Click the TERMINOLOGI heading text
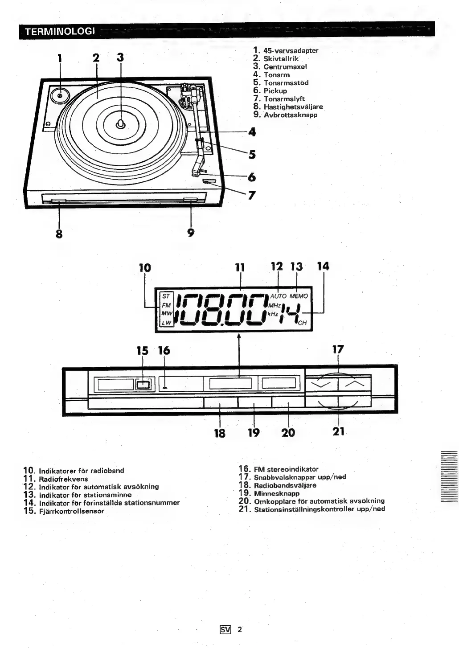click(60, 32)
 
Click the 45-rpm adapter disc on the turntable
click(60, 95)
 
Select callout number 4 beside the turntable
click(252, 132)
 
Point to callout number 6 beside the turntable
click(252, 177)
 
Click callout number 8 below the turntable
click(59, 234)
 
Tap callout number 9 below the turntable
click(191, 233)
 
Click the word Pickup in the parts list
click(275, 91)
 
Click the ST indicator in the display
click(166, 296)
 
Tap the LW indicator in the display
click(166, 323)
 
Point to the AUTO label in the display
click(278, 296)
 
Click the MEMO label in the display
click(299, 296)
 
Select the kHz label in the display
click(273, 314)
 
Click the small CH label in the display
click(302, 323)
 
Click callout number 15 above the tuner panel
click(143, 351)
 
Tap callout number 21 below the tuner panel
click(339, 431)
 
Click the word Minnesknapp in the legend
click(276, 493)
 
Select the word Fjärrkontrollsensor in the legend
click(71, 511)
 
